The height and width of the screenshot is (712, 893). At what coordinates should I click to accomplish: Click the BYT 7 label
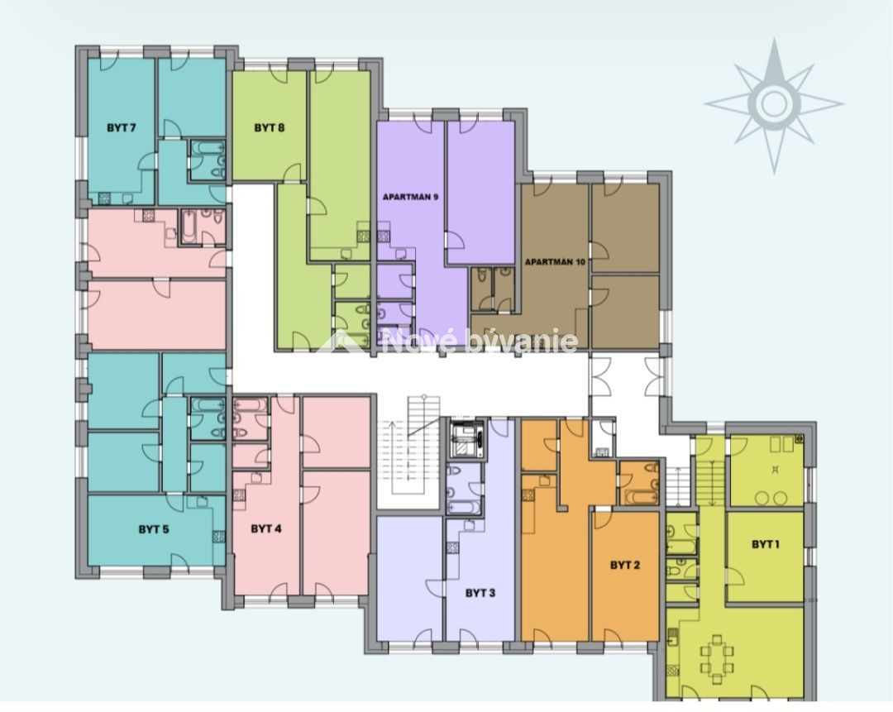(x=122, y=127)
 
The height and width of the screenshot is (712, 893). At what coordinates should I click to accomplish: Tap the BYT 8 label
(x=269, y=127)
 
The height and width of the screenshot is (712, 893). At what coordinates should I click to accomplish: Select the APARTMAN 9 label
(x=411, y=197)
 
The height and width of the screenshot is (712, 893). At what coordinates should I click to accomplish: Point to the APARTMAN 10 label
(x=556, y=262)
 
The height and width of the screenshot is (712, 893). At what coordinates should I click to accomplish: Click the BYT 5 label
(x=154, y=529)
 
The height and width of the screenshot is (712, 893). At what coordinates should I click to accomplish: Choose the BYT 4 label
(x=266, y=528)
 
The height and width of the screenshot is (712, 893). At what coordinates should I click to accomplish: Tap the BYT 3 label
(x=480, y=593)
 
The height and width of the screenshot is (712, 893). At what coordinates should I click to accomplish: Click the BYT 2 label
(x=625, y=565)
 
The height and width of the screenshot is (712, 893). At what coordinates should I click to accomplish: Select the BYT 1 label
(x=766, y=544)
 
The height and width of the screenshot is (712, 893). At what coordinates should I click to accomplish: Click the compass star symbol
(x=774, y=105)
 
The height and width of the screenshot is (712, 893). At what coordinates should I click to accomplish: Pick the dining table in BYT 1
(x=717, y=659)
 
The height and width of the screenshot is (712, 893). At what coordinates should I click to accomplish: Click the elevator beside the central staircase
(x=467, y=438)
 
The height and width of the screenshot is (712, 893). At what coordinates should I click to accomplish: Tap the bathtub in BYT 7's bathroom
(x=207, y=147)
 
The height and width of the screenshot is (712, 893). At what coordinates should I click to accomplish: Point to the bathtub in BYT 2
(x=642, y=497)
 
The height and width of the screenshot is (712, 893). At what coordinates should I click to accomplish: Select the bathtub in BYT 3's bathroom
(x=463, y=506)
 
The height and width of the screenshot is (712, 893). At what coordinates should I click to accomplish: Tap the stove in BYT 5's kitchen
(x=218, y=536)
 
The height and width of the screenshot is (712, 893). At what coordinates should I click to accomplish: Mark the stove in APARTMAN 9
(x=384, y=236)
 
